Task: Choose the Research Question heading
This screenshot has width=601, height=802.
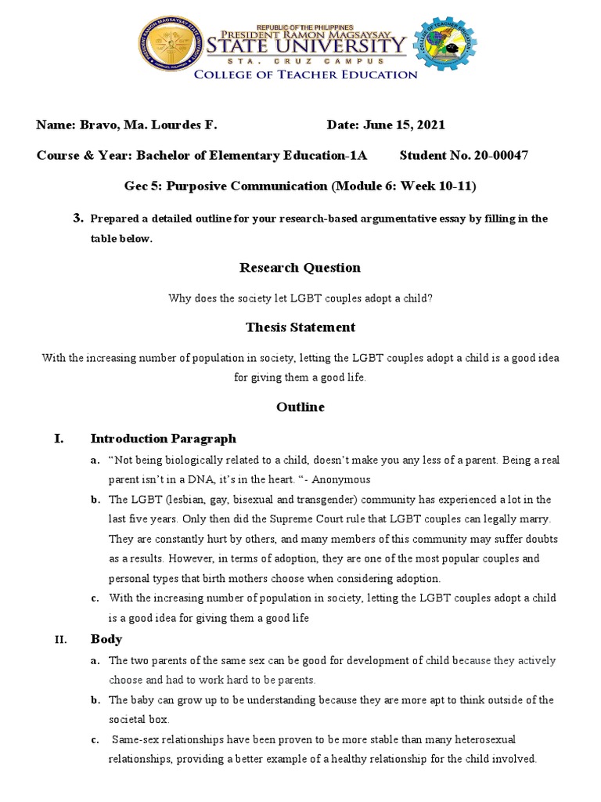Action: [300, 268]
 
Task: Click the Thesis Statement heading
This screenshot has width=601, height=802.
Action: [300, 327]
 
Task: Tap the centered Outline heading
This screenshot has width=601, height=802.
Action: [300, 407]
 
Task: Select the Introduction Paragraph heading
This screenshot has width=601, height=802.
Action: [163, 439]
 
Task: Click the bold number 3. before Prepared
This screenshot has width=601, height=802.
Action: [77, 219]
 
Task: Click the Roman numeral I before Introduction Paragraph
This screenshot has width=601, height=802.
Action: [58, 439]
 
